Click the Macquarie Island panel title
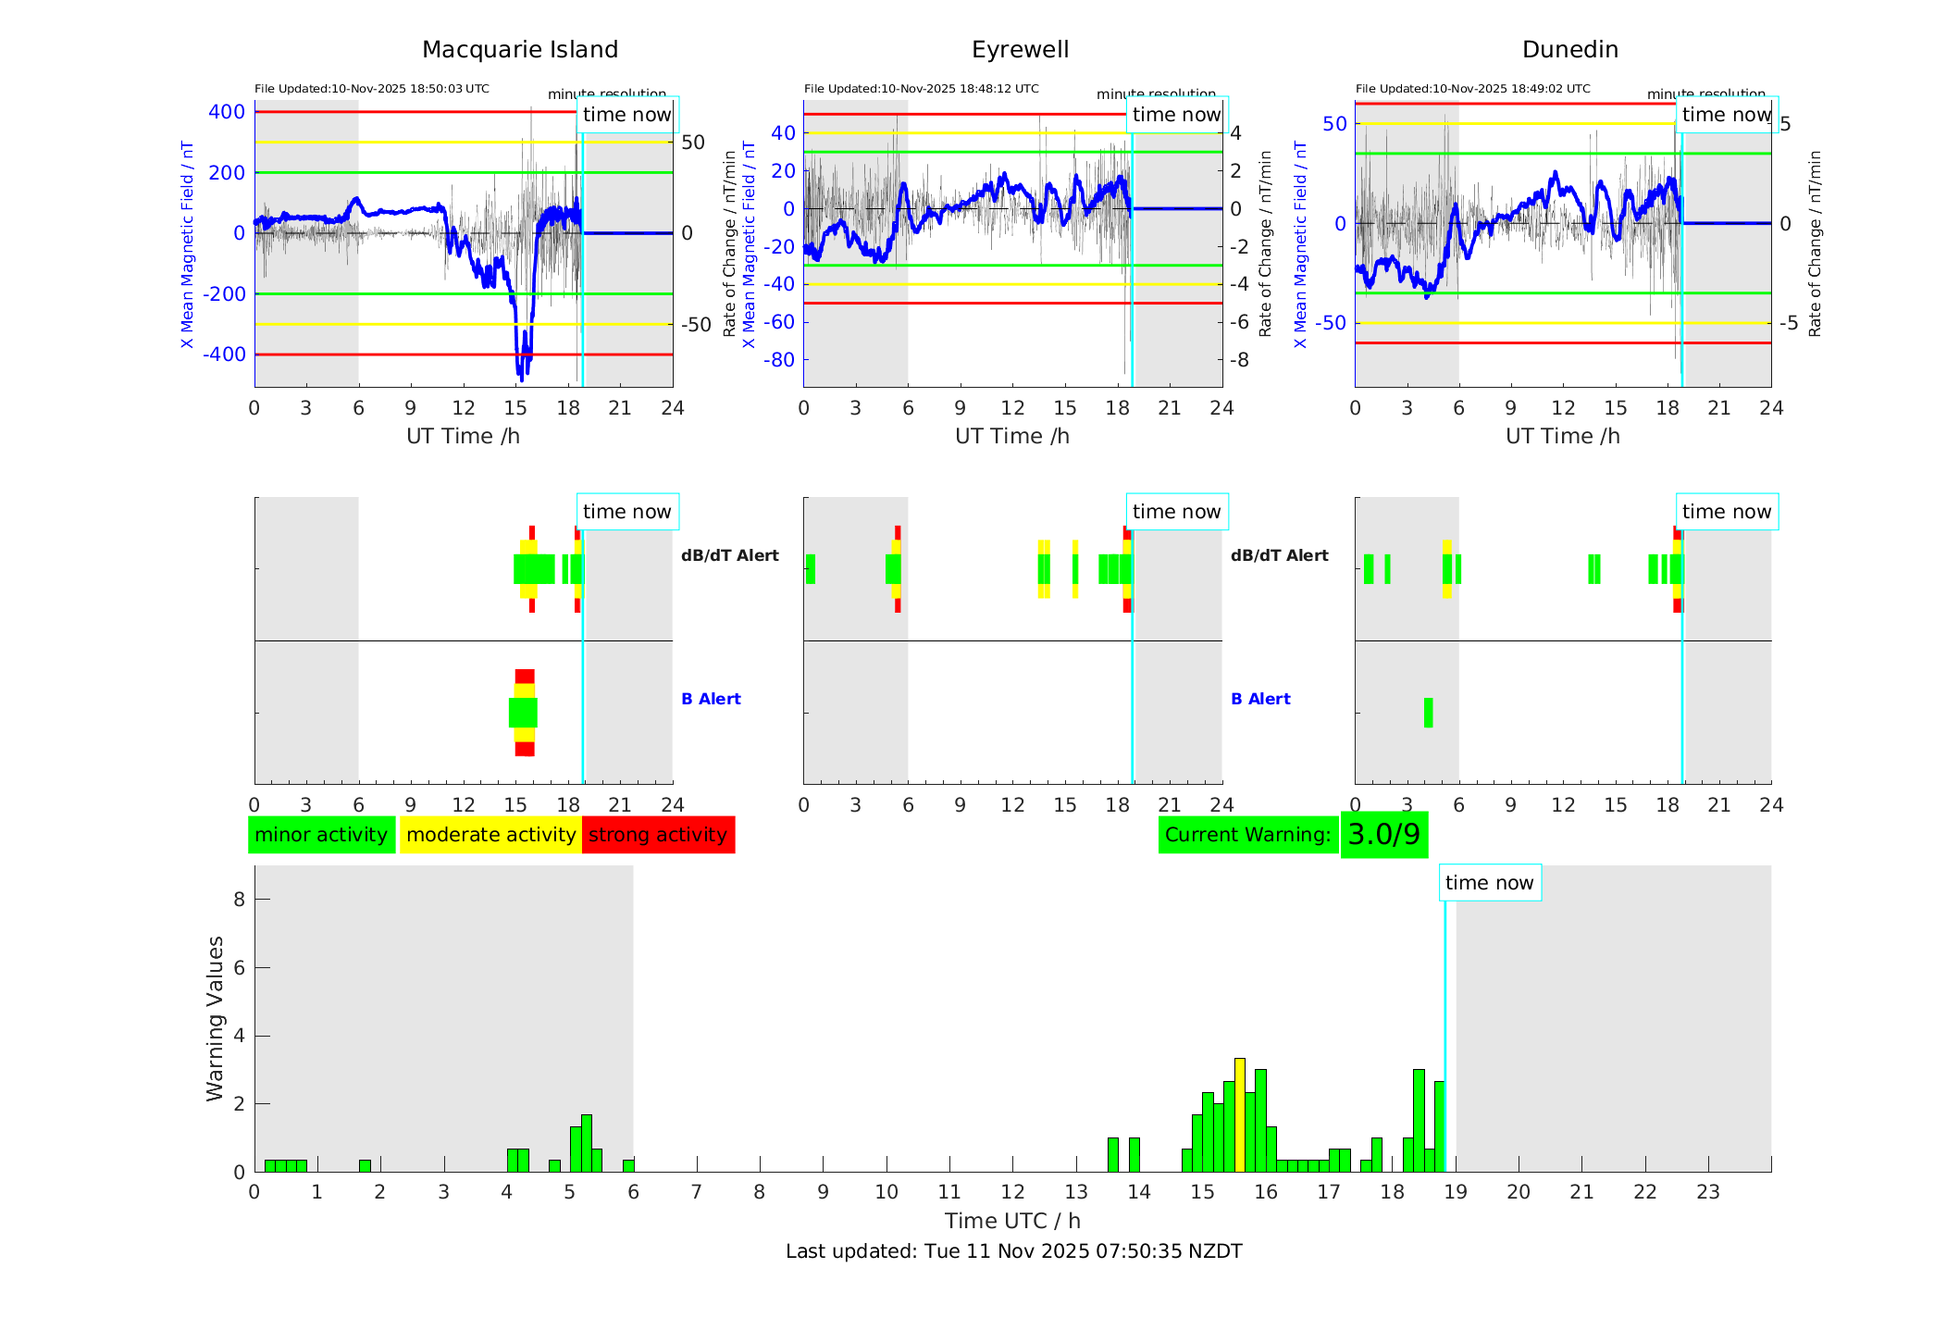coord(519,50)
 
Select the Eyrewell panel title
coord(1020,50)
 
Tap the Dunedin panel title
coord(1569,50)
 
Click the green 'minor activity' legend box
coord(321,835)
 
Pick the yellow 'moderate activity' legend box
coord(490,835)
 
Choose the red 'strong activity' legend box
coord(658,835)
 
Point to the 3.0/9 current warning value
coord(1383,835)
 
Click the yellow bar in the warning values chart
coord(1240,1115)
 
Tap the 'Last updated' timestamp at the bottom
coord(1013,1251)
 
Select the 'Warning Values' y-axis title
coord(215,1018)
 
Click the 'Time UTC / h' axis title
coord(1012,1221)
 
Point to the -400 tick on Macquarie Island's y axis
coord(226,354)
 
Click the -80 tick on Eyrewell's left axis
coord(779,360)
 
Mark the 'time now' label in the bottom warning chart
coord(1489,883)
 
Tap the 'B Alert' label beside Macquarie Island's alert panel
coord(711,699)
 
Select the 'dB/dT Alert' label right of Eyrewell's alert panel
coord(1279,555)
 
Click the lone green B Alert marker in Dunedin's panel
coord(1428,713)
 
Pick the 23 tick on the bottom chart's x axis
coord(1708,1192)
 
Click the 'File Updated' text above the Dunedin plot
coord(1472,89)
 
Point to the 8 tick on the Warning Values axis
coord(239,900)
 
